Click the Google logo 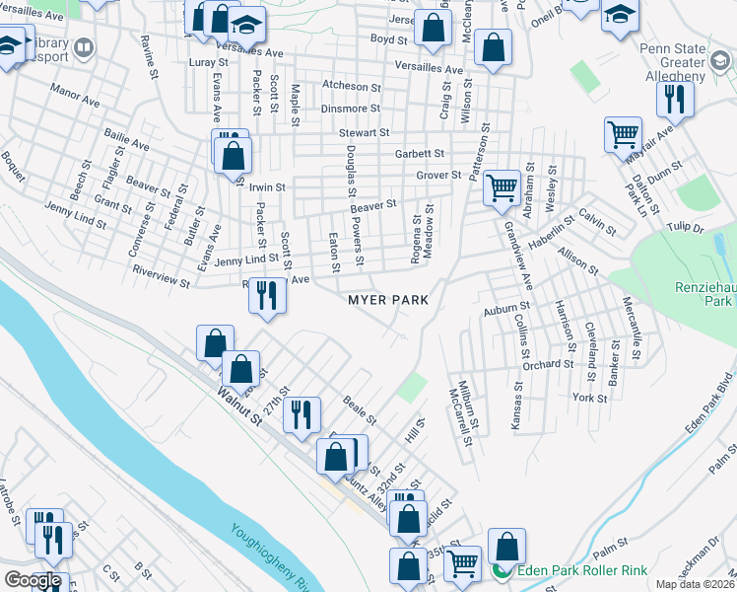pos(33,580)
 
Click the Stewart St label pos(365,132)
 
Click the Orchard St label pos(549,364)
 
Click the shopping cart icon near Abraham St pos(502,186)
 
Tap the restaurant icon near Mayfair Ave pos(675,99)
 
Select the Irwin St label pos(266,186)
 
